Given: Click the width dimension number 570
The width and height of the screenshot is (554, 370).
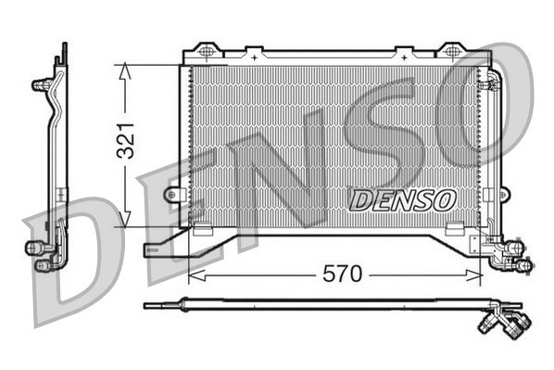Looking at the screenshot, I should point(340,275).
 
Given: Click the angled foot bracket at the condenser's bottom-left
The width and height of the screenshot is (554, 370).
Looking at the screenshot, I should point(167,246).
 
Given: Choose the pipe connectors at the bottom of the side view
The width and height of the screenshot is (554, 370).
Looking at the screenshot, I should point(41,255).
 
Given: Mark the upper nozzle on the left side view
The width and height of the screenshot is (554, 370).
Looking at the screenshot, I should point(42,84).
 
